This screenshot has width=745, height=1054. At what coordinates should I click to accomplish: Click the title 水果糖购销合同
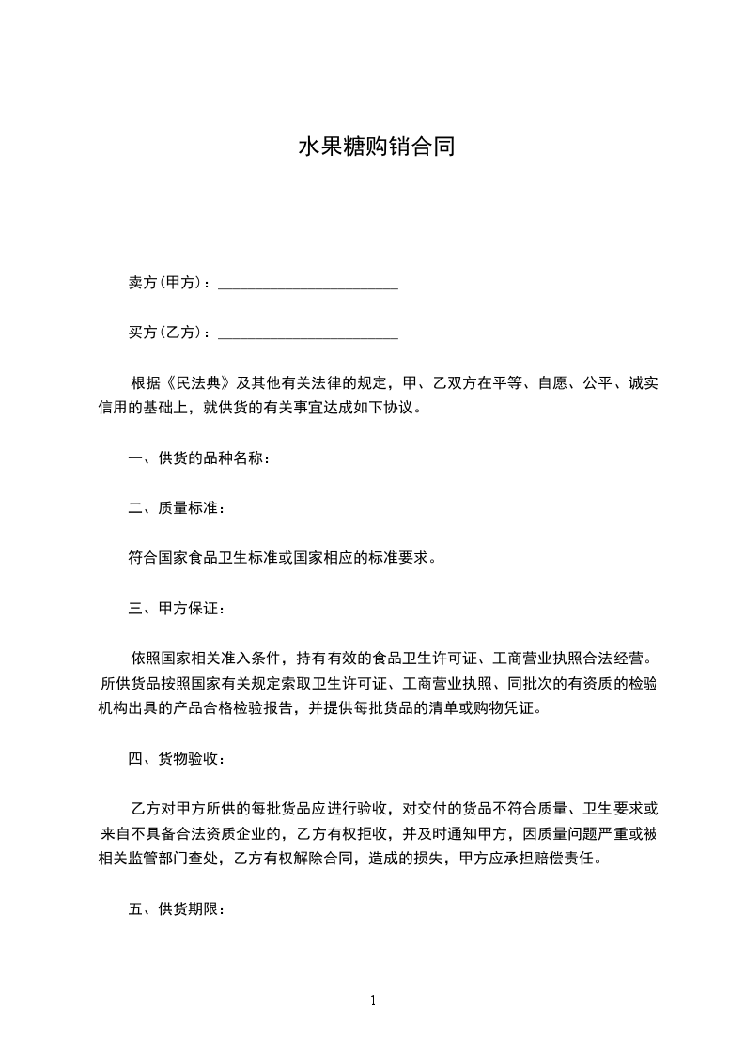tap(376, 147)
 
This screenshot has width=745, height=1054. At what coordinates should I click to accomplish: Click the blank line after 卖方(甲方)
tap(308, 284)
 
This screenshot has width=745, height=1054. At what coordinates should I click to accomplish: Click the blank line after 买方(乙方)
tap(308, 333)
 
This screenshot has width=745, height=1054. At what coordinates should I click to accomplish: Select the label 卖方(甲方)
tap(167, 283)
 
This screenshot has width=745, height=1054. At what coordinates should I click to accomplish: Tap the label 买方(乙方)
tap(167, 333)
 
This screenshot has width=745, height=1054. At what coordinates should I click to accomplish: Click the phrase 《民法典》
tap(199, 383)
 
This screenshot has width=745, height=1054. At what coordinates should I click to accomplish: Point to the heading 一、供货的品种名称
tap(199, 459)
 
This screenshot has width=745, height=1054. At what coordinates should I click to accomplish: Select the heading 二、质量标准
tap(176, 508)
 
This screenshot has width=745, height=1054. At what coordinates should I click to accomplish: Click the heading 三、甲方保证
tap(176, 609)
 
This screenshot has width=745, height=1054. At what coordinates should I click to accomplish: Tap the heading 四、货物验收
tap(176, 759)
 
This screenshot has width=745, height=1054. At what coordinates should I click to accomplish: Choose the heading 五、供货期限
tap(176, 909)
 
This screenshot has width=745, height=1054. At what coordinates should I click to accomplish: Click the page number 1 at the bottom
tap(373, 1000)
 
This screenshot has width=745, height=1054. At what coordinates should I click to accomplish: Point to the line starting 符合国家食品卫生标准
tap(282, 558)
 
